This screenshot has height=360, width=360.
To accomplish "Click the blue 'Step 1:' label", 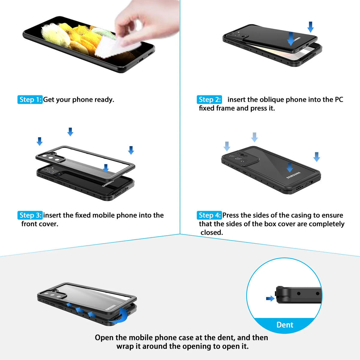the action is tap(30, 100).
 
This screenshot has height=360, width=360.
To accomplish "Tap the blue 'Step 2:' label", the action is tap(209, 100).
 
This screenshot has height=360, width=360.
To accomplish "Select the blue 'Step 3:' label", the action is tap(30, 215).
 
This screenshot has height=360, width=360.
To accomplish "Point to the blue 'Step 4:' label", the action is tap(209, 215).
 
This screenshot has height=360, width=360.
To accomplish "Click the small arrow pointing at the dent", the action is tap(270, 298).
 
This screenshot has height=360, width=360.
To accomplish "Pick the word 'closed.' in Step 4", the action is tap(212, 232).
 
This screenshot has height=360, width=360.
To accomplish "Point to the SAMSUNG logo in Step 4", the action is tap(293, 175).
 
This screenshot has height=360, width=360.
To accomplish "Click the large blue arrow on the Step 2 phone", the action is tap(291, 39).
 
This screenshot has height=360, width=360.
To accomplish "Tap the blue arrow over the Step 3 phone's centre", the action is tap(106, 168).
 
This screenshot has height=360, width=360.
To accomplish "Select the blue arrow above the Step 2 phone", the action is tap(310, 27).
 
